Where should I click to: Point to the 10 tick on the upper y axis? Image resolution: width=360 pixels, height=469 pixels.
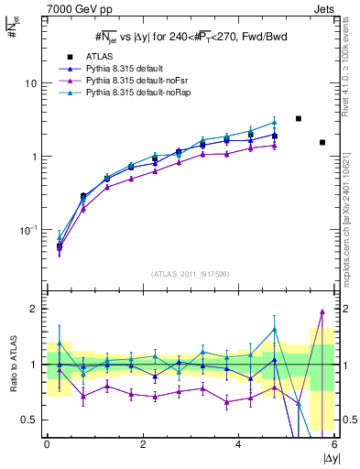[x=30, y=83]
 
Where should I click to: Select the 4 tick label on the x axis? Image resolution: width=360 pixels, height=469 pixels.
[x=239, y=444]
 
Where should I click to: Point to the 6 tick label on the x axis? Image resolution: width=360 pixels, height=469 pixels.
[x=333, y=444]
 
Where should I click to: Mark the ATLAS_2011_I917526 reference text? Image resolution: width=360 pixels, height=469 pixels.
[x=191, y=274]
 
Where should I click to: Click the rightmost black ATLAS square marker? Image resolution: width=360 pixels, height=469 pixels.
[x=322, y=142]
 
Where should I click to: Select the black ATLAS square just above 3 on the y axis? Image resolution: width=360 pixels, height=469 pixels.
[x=299, y=119]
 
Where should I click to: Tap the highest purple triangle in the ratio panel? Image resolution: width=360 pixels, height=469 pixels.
[x=322, y=312]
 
